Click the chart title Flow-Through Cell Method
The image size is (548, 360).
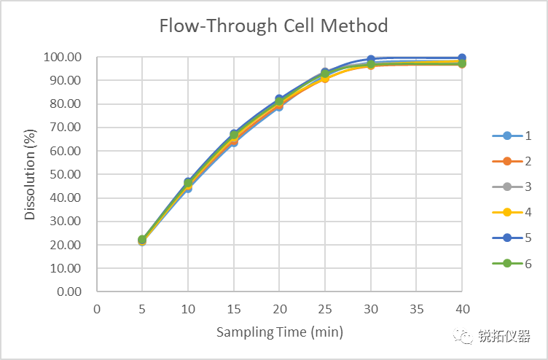click(x=274, y=26)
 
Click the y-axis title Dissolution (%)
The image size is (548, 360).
click(x=30, y=174)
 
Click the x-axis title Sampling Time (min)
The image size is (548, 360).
click(x=279, y=332)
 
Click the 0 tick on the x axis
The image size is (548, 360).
click(x=97, y=308)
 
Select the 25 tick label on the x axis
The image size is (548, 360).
click(x=325, y=308)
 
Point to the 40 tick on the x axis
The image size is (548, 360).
click(x=462, y=308)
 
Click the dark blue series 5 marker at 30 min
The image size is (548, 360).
click(x=371, y=59)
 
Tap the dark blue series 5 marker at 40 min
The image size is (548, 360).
click(x=462, y=58)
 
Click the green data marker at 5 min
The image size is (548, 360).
click(x=142, y=240)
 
